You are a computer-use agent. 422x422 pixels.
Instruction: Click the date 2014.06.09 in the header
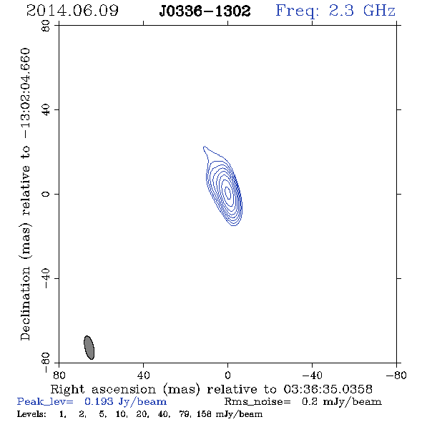tap(72, 11)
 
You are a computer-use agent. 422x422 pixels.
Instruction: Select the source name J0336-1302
tap(205, 11)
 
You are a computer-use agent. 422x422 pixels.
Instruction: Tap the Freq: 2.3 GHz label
tap(335, 11)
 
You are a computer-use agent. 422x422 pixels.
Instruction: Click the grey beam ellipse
tap(89, 348)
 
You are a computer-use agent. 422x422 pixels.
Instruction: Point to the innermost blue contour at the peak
tap(227, 192)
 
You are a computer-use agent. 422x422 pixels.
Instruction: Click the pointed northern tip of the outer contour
tap(205, 147)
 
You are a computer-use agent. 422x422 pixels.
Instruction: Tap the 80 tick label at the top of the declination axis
tap(46, 26)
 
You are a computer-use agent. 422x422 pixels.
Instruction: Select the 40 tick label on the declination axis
tap(46, 110)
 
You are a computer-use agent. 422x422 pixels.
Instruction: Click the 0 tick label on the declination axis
tap(46, 194)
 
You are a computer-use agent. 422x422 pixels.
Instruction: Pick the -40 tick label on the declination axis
tap(46, 278)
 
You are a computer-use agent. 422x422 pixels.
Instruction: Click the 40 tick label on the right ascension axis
tap(143, 375)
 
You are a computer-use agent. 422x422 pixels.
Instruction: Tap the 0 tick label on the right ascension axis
tap(227, 375)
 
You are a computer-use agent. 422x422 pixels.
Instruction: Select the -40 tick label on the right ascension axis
tap(312, 375)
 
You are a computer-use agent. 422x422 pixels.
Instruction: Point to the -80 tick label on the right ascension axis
tap(396, 375)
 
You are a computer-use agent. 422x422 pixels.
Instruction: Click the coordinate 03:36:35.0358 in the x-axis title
tap(328, 389)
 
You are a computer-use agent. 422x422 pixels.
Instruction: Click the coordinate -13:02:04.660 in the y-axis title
tap(25, 94)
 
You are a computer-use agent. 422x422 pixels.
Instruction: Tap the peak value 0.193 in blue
tap(99, 401)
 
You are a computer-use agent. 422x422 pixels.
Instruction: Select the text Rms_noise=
tap(257, 402)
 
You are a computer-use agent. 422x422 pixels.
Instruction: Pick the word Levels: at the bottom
tap(31, 413)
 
